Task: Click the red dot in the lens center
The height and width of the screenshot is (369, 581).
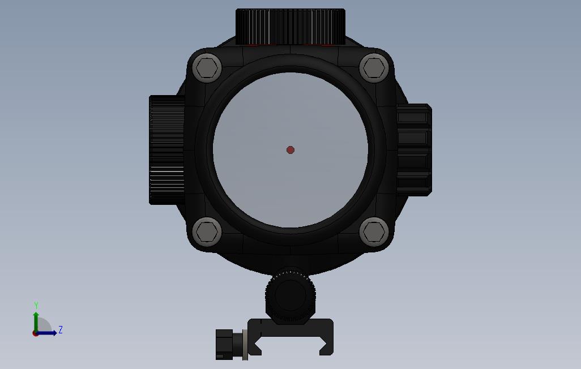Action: pyautogui.click(x=290, y=150)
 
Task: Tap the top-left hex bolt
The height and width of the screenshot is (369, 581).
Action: pyautogui.click(x=207, y=68)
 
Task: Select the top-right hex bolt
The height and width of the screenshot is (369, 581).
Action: pyautogui.click(x=374, y=68)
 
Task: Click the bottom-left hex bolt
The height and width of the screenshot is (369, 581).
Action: pyautogui.click(x=207, y=231)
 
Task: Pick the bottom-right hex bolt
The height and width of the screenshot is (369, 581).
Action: pyautogui.click(x=374, y=231)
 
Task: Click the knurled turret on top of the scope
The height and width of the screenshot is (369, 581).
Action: pyautogui.click(x=290, y=26)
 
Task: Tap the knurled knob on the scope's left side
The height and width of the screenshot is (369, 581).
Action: pyautogui.click(x=166, y=149)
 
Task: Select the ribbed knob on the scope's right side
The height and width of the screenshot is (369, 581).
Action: pyautogui.click(x=414, y=149)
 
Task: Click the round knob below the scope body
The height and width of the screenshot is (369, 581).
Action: pyautogui.click(x=290, y=295)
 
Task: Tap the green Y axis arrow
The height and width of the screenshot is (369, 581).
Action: pyautogui.click(x=36, y=318)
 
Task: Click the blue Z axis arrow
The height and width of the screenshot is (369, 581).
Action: pyautogui.click(x=49, y=333)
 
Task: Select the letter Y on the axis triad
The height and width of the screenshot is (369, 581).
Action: pyautogui.click(x=36, y=306)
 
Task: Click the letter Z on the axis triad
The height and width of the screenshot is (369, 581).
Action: pyautogui.click(x=61, y=330)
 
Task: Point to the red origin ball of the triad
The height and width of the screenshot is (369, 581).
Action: pyautogui.click(x=36, y=333)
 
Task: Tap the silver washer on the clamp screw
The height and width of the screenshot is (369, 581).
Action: pyautogui.click(x=245, y=344)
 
